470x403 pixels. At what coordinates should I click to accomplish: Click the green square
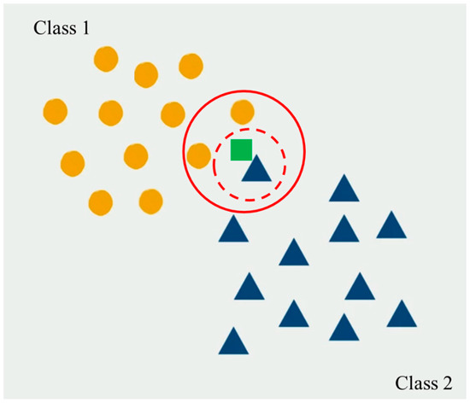242,149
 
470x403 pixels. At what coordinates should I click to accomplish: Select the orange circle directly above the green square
242,112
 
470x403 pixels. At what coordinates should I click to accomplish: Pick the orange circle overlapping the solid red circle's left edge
198,155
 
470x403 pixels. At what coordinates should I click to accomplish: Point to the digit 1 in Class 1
86,29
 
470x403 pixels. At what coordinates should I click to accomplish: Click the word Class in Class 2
417,382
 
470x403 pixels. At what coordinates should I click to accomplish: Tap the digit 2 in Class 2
449,382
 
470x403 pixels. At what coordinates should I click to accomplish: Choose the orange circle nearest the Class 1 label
106,60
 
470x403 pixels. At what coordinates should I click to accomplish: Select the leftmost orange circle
55,111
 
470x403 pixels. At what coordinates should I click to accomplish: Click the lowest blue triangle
233,342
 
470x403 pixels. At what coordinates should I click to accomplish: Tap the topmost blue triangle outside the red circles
344,189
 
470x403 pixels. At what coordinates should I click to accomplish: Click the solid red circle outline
305,154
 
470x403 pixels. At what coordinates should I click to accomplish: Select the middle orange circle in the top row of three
147,74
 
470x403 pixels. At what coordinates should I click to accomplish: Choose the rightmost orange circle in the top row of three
191,66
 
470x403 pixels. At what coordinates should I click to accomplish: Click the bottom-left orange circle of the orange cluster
101,202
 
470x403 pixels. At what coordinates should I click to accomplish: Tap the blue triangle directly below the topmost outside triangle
344,230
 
